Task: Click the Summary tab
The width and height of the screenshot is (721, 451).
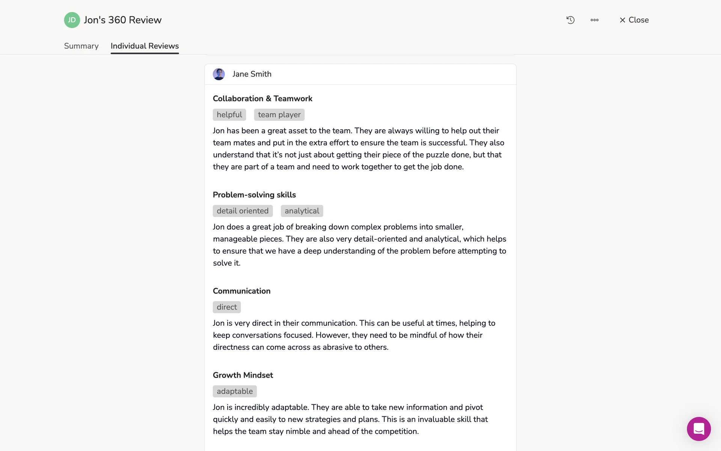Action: point(81,46)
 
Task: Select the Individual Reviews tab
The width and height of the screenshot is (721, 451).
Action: point(145,46)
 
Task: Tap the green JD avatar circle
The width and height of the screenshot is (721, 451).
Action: point(72,20)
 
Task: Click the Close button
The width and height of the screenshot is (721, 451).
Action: point(634,20)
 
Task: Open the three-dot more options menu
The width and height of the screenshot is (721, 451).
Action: point(594,20)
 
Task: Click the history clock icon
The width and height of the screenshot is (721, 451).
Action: point(570,20)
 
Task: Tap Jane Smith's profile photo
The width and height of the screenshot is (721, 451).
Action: point(219,74)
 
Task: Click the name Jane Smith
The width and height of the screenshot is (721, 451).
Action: point(252,74)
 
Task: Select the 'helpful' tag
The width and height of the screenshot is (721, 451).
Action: point(229,115)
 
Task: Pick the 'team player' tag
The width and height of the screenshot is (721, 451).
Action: point(279,115)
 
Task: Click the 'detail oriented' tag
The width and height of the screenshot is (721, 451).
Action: point(243,211)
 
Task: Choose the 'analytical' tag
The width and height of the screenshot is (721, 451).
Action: point(302,211)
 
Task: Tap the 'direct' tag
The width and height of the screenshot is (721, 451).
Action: point(226,307)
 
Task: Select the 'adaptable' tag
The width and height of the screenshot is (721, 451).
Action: point(235,391)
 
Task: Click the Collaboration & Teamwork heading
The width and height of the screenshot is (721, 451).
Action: point(262,98)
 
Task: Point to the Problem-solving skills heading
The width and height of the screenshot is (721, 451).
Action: point(254,195)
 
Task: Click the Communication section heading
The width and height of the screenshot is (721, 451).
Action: point(241,291)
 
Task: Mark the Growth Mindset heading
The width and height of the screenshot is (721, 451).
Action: point(243,375)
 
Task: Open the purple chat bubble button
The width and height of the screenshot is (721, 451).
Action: point(698,429)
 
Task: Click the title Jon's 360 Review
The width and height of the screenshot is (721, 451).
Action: point(122,20)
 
